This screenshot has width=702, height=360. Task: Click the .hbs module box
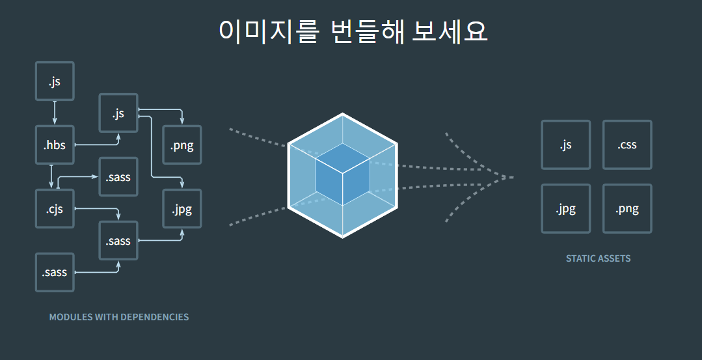55,145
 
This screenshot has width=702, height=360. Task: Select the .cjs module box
55,209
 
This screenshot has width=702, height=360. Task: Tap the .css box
627,145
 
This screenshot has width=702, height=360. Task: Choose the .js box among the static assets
565,145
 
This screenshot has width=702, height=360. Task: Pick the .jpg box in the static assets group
565,209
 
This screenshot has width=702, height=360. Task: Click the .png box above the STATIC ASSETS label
627,209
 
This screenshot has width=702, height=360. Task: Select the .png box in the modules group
182,145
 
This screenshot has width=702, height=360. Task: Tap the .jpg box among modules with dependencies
182,209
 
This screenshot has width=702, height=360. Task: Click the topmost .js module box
55,81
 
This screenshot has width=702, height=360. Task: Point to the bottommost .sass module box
55,272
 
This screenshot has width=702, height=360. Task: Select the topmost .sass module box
118,177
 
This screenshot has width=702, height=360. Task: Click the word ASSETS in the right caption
615,258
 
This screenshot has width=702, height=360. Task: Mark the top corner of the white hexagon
342,115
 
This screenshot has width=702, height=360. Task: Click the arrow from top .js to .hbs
55,113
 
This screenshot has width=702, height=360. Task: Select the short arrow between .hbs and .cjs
51,176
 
